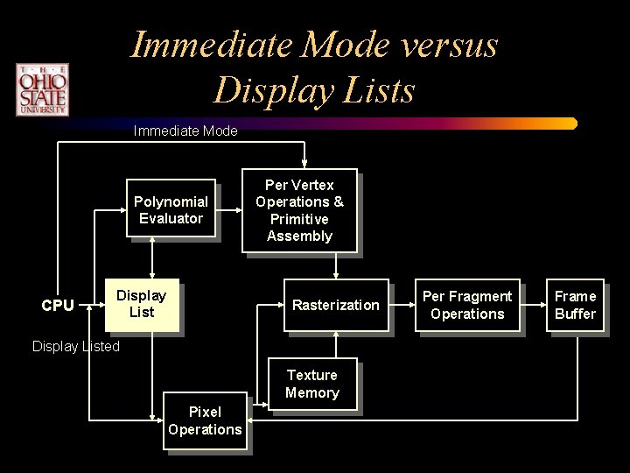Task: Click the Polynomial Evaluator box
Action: pos(171,210)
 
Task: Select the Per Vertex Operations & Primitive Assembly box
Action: pos(299,210)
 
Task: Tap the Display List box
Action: pos(141,304)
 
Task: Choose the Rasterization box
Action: pos(335,305)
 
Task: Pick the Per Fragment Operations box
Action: pos(467,305)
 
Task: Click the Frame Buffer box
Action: pos(575,305)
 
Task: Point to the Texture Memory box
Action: pos(312,384)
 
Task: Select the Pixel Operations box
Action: pos(205,420)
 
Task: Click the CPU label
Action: pos(58,306)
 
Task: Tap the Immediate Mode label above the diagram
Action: pos(185,131)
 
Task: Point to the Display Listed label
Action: pos(76,346)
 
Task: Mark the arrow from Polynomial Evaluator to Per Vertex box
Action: pos(230,210)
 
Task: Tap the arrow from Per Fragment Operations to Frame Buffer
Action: pos(534,305)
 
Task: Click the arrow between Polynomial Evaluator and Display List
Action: pos(153,258)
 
